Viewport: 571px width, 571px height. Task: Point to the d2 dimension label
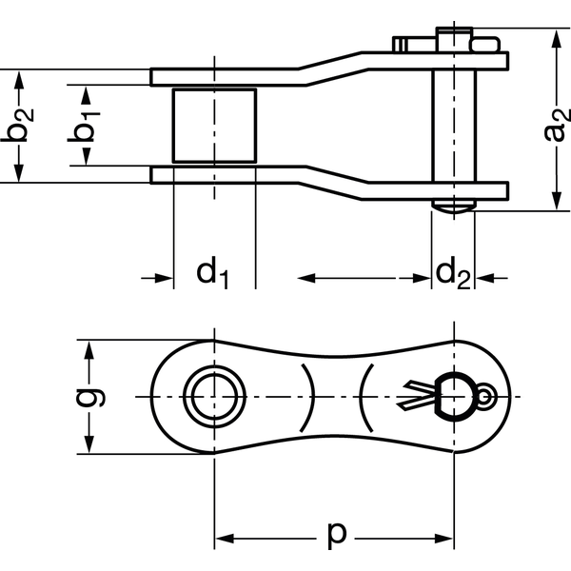coord(451,273)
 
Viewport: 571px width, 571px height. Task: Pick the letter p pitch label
coord(336,534)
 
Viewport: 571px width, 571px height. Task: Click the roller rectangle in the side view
coord(214,124)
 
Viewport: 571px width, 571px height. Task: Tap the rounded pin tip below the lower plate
coord(453,205)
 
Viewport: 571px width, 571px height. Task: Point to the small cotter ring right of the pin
coord(486,396)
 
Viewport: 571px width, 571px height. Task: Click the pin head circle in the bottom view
coord(453,395)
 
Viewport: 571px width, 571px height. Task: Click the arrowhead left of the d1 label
coord(164,278)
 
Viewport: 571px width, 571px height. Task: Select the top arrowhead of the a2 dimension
coord(556,39)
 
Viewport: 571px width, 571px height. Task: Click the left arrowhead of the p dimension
coord(225,540)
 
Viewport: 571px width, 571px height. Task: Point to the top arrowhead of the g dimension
coord(89,348)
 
